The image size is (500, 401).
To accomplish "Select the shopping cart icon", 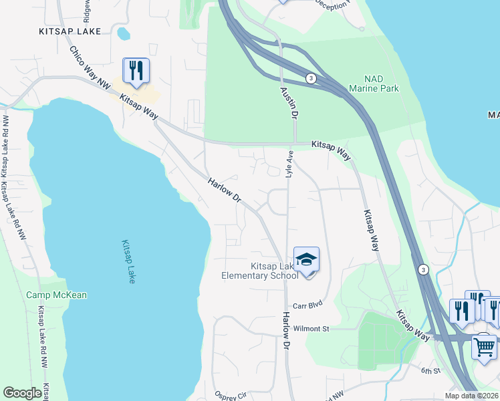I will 485,346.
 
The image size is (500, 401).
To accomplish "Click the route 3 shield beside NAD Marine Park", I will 311,78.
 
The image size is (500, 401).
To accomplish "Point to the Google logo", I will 22,393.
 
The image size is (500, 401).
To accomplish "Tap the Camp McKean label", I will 56,295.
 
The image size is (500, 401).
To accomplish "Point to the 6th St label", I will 431,370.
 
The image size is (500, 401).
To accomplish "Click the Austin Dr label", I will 288,102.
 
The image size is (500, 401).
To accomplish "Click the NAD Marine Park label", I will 364,84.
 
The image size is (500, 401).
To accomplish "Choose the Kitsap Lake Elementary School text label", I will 265,271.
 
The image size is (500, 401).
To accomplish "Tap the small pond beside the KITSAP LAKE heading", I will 123,32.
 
